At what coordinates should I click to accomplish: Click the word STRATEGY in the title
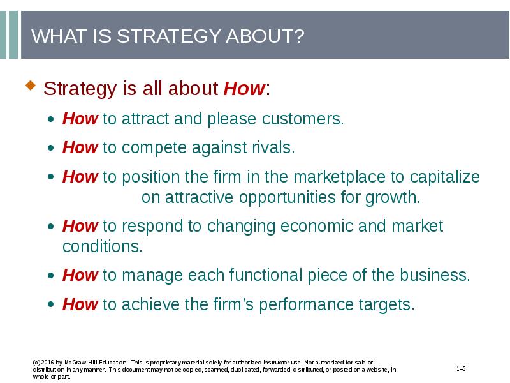(169, 36)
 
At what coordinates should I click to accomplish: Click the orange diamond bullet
(31, 86)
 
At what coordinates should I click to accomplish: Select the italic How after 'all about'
(245, 88)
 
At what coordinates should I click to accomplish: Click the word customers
(302, 119)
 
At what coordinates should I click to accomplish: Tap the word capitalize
(444, 177)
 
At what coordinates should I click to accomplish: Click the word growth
(392, 198)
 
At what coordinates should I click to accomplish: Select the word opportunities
(288, 198)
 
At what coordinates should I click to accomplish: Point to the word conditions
(103, 246)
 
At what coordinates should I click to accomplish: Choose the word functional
(266, 275)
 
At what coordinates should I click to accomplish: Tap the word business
(435, 275)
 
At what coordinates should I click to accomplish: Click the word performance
(306, 305)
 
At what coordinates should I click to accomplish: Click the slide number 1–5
(461, 369)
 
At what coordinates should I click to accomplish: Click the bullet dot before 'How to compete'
(50, 148)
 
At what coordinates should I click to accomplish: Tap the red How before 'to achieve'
(80, 304)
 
